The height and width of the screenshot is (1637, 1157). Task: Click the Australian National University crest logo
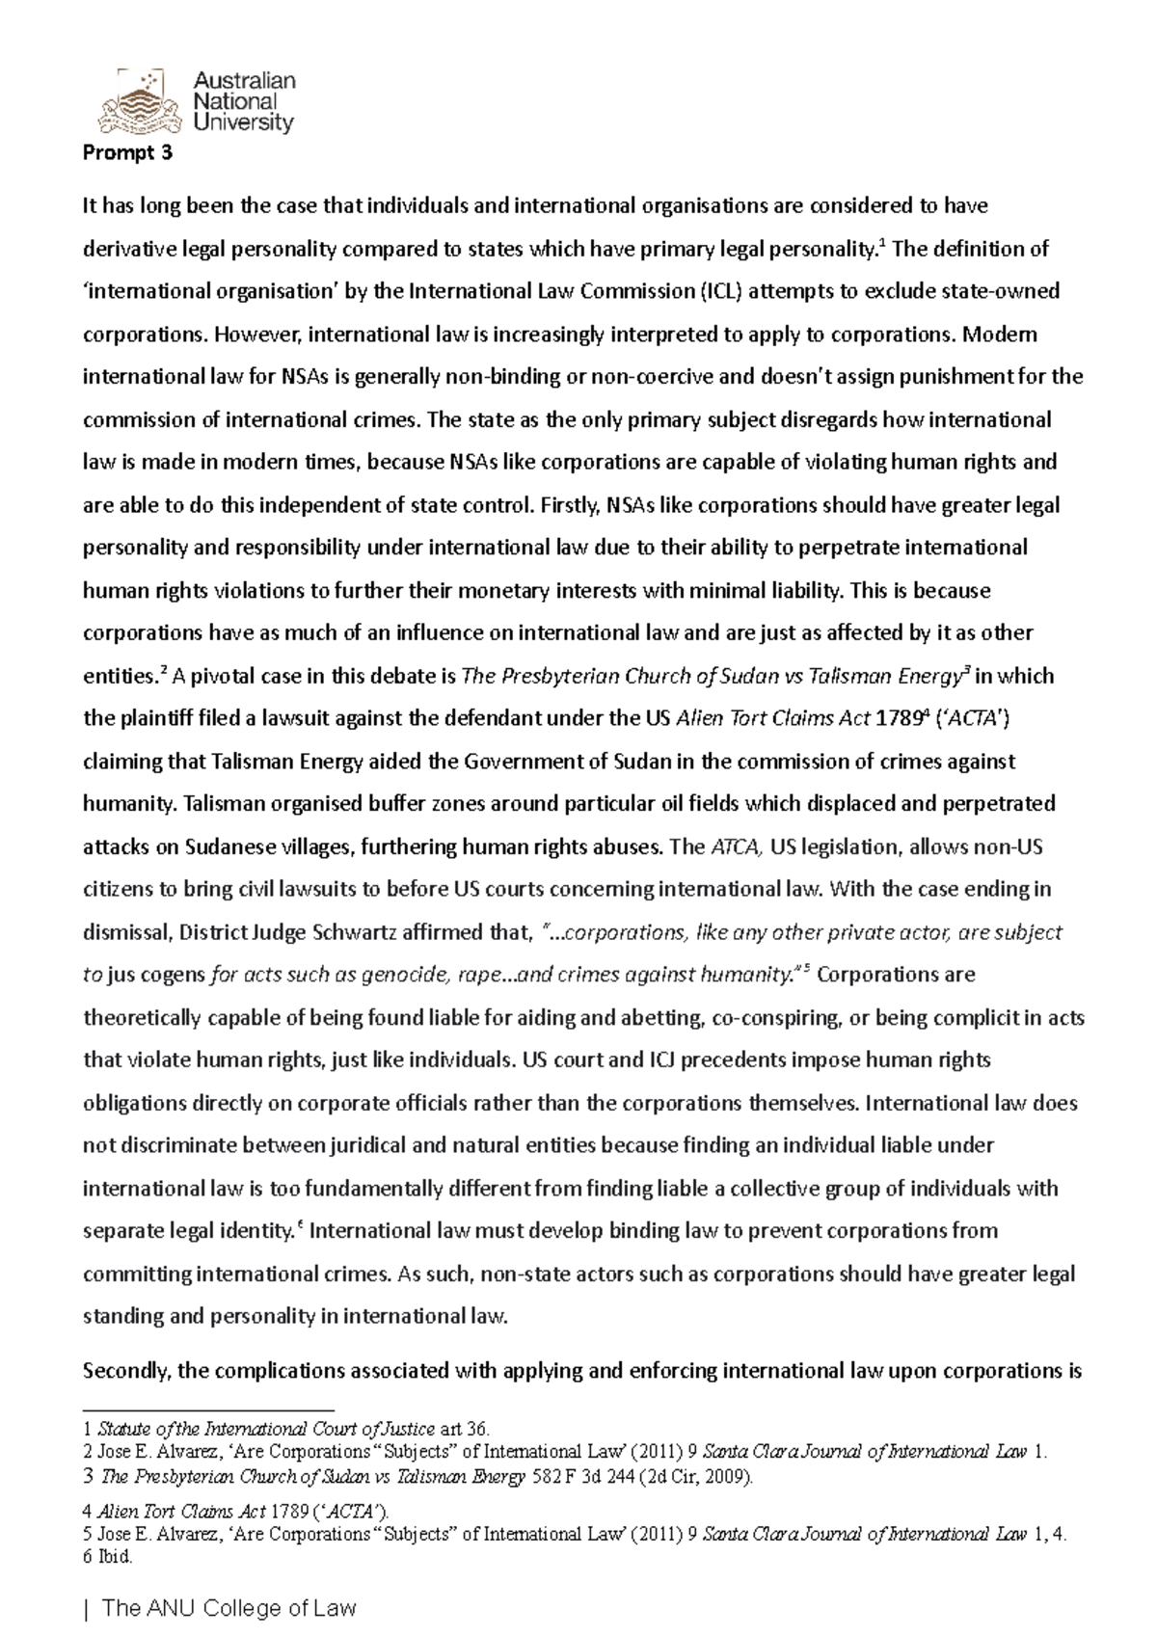coord(139,99)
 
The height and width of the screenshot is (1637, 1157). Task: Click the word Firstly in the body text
coord(572,505)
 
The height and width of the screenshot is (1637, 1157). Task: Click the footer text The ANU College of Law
coord(229,1608)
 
